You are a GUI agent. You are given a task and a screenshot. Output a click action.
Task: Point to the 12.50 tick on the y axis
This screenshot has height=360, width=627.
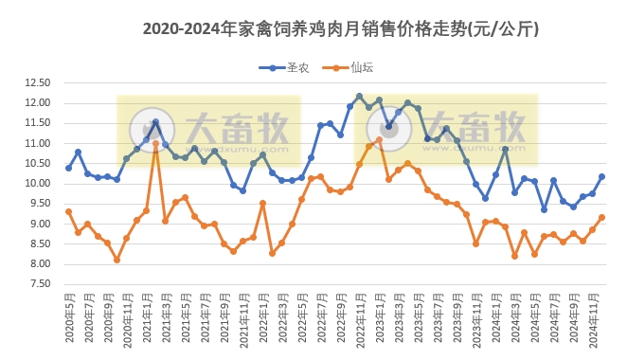37,83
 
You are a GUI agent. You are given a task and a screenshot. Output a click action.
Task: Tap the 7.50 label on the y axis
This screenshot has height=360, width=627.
37,284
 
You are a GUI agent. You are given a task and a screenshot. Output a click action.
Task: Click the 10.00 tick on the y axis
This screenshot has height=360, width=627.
37,184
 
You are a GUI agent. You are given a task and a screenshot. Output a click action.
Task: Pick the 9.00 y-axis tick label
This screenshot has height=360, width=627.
37,225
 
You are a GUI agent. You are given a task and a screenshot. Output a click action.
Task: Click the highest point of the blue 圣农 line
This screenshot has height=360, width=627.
359,97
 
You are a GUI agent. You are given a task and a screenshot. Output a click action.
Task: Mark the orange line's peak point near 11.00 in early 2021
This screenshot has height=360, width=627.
156,144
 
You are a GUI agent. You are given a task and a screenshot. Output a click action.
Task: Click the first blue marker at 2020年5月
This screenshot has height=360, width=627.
68,168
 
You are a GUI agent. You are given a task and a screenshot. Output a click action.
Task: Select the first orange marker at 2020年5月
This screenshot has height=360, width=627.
68,211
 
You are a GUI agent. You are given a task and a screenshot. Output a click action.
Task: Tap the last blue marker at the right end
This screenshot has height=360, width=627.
601,177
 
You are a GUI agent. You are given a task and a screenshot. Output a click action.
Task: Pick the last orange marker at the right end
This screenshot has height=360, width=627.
601,217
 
